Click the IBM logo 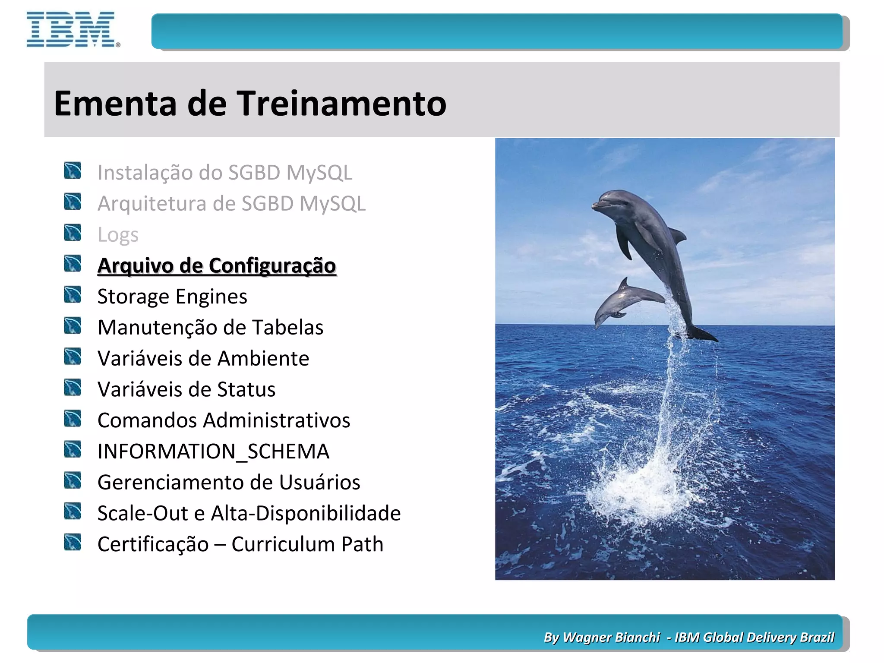[71, 29]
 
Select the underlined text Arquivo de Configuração [217, 265]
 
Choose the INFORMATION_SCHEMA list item [213, 451]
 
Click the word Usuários [319, 482]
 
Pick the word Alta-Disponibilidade [306, 513]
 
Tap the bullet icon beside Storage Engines [73, 295]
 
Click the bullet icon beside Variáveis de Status [73, 388]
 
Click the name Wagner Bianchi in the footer [611, 638]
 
